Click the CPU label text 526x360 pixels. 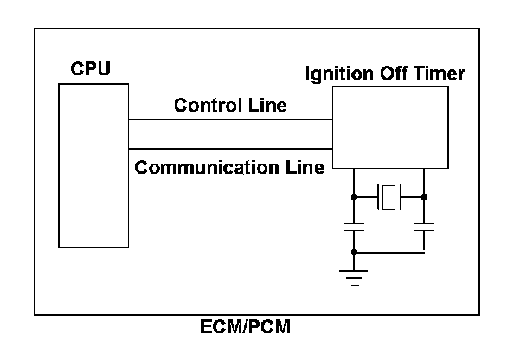[90, 68]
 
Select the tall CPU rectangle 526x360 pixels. [93, 165]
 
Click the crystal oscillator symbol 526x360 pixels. [388, 197]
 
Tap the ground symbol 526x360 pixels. [354, 275]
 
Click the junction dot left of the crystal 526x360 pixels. [354, 197]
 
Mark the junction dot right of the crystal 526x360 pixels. [424, 197]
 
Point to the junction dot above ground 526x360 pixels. [354, 252]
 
